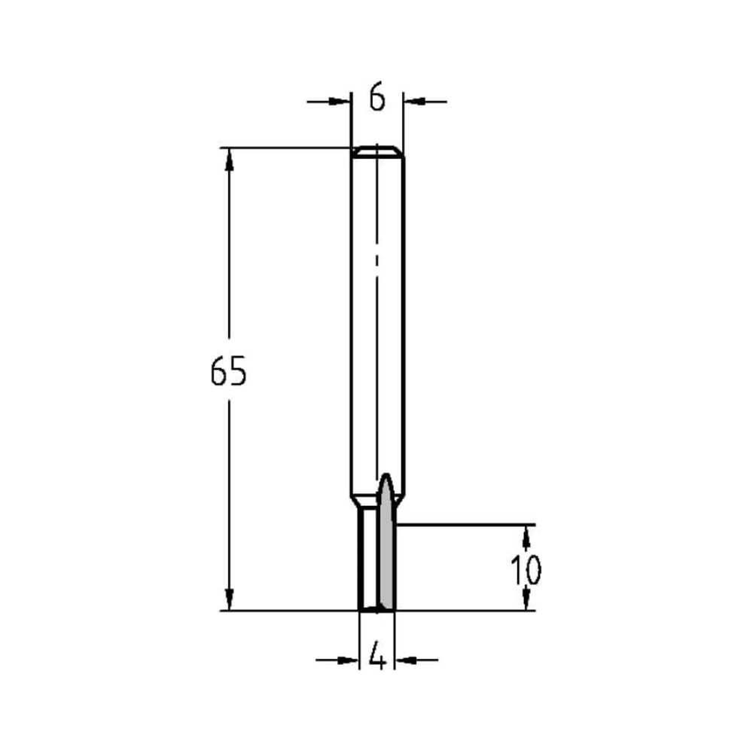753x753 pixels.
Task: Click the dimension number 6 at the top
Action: tap(378, 98)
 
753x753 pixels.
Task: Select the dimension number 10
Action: tap(526, 571)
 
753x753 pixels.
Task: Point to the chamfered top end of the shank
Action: tap(377, 151)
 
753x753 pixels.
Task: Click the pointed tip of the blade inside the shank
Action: tap(386, 477)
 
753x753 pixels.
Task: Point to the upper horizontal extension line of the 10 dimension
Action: tap(467, 524)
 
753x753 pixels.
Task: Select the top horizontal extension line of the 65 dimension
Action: tap(286, 148)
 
